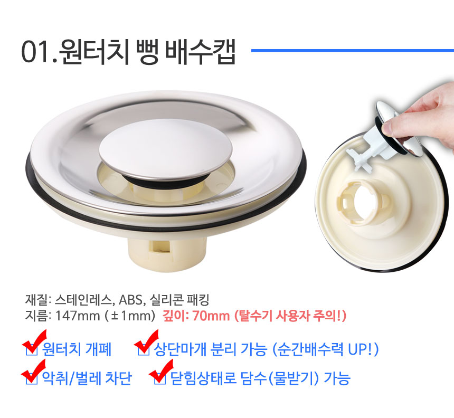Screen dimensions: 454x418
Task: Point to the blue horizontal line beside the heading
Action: click(x=352, y=51)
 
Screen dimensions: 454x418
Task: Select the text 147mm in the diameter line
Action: click(x=78, y=316)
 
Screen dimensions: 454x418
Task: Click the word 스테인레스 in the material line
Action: click(x=83, y=300)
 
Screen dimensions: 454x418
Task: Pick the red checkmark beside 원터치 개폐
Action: click(x=34, y=341)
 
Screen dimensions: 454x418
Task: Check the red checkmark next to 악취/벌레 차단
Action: click(x=34, y=372)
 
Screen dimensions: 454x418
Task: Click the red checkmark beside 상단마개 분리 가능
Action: click(x=146, y=341)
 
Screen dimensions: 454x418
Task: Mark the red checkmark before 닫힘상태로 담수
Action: click(x=161, y=372)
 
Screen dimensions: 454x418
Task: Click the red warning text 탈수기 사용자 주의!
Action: click(x=290, y=316)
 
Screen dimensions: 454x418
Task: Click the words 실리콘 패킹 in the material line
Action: click(x=179, y=300)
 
